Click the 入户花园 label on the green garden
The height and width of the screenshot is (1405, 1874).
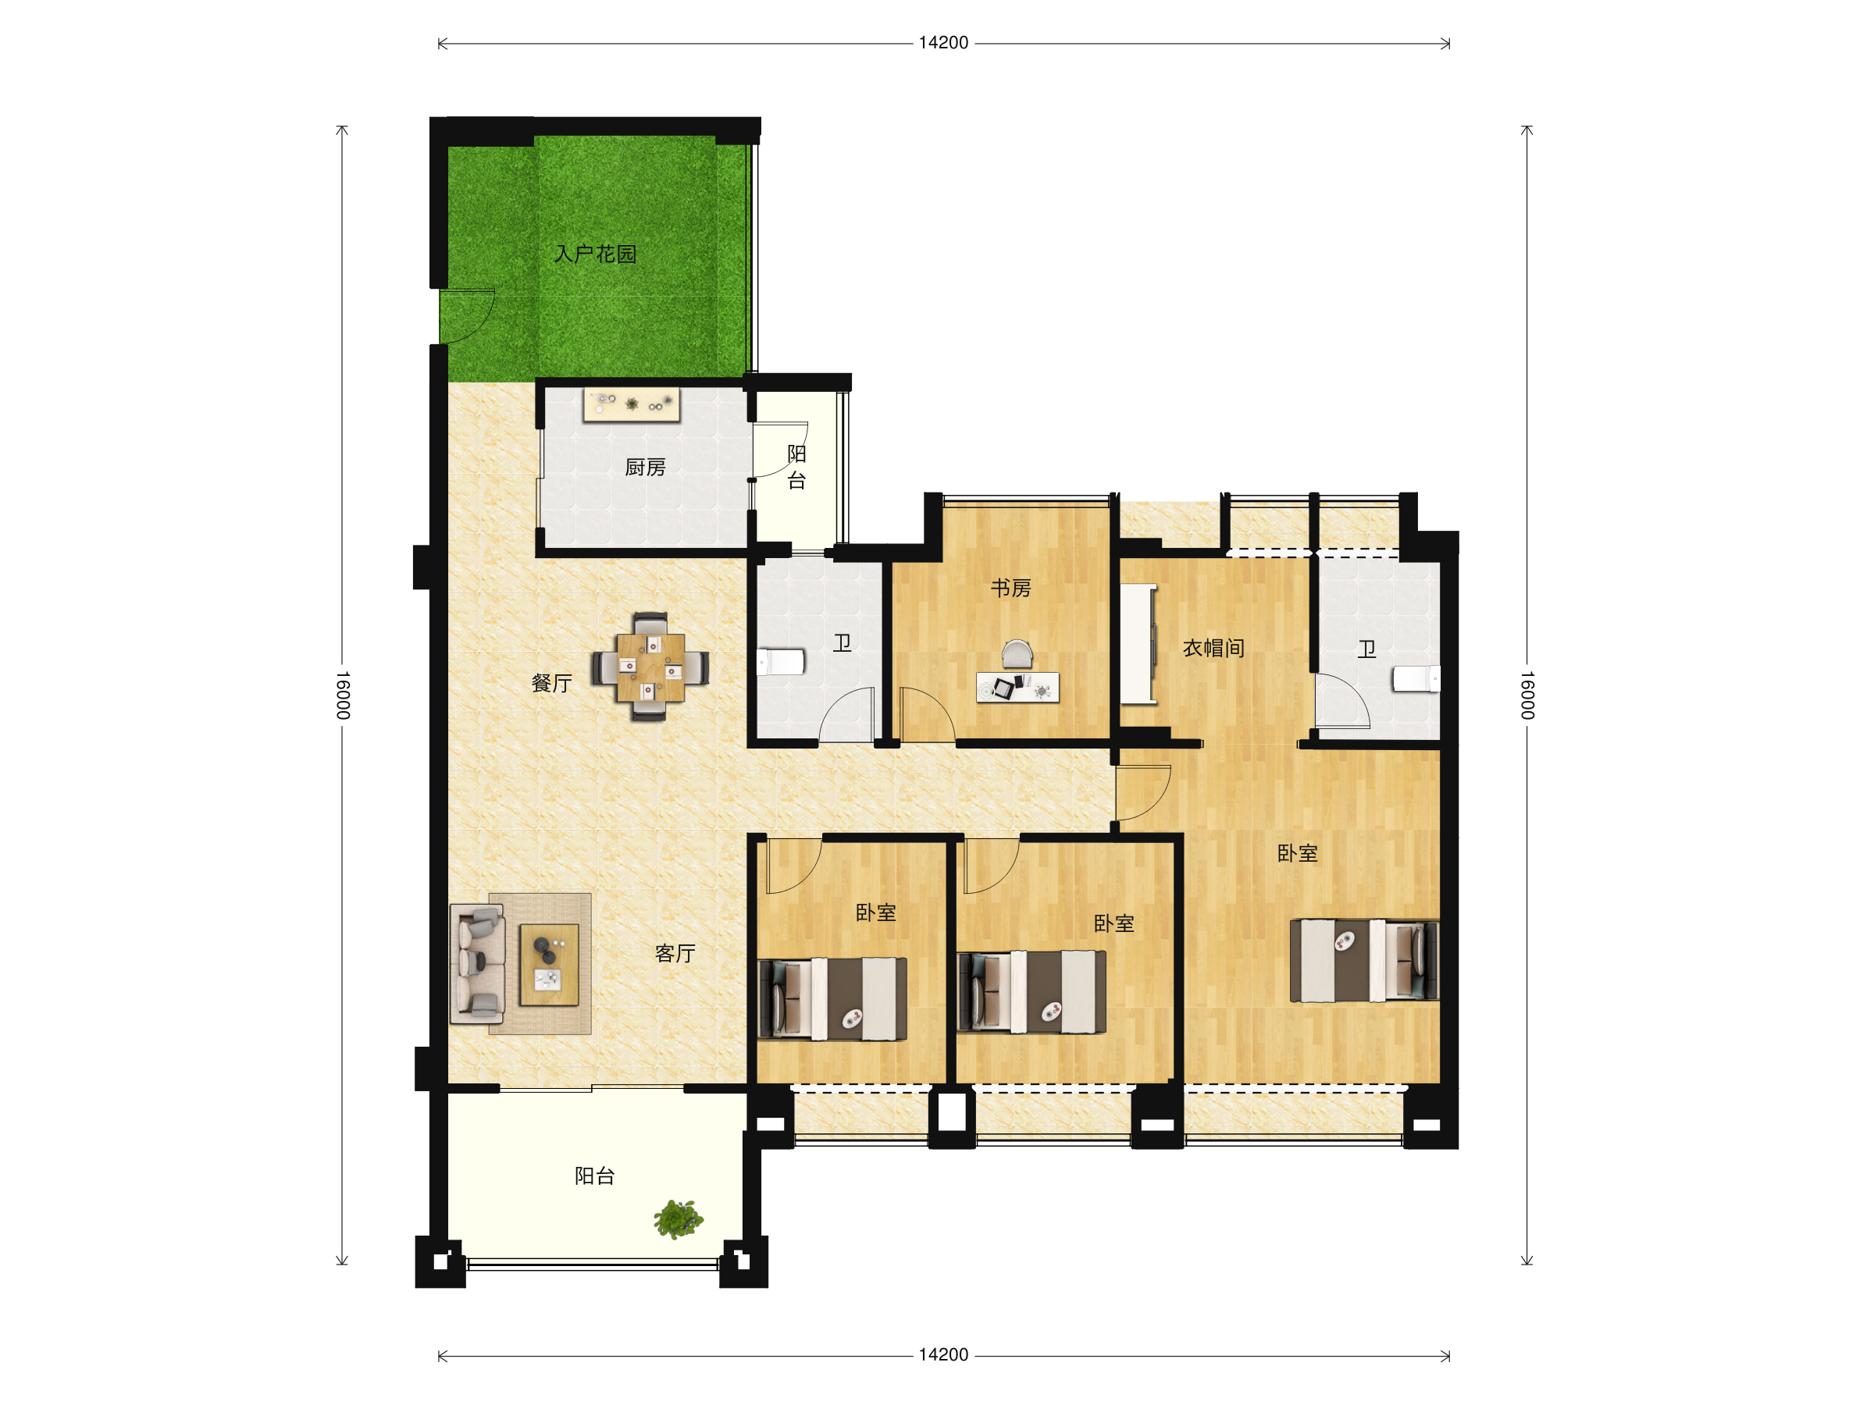pos(595,254)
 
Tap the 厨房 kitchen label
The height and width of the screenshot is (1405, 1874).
pos(645,468)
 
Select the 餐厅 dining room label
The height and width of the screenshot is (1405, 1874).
pos(551,684)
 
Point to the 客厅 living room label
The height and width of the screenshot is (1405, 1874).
pos(675,954)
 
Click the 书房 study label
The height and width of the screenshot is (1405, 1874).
pos(1010,588)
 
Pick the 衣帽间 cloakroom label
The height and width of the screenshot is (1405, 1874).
pos(1213,648)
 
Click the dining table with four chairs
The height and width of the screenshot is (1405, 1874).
pos(650,667)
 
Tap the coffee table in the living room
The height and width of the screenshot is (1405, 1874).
pos(549,965)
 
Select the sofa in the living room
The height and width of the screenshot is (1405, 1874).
pos(478,964)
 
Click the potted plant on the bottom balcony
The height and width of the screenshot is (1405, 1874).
pos(678,1218)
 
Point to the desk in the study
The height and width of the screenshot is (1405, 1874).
pos(1017,688)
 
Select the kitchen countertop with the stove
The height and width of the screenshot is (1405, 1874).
pos(631,405)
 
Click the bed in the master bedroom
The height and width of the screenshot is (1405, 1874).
pos(1364,960)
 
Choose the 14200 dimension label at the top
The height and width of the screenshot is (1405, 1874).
pos(943,43)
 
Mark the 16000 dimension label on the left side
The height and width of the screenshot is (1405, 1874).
pos(342,695)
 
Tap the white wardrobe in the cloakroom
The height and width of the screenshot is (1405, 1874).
pos(1138,644)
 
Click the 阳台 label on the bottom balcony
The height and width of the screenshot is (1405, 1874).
pos(595,1176)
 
